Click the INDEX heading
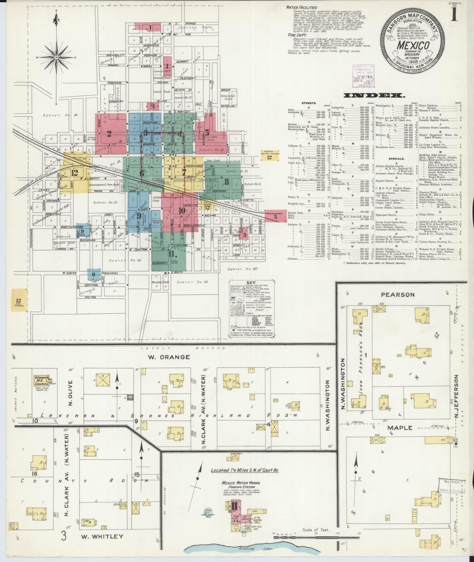point(374,95)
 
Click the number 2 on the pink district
point(109,133)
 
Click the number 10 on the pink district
point(181,211)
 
